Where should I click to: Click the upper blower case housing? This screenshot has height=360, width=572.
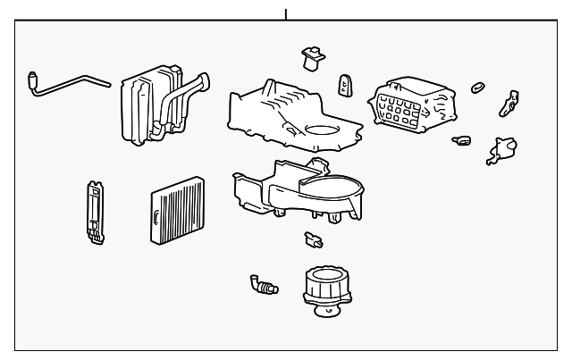pos(286,116)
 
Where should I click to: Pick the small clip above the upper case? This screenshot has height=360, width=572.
pos(312,58)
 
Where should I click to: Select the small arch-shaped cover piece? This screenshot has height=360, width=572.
pos(344,86)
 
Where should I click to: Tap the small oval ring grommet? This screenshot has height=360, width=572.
pos(478,87)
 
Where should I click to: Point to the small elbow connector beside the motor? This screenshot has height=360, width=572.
pos(263,284)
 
